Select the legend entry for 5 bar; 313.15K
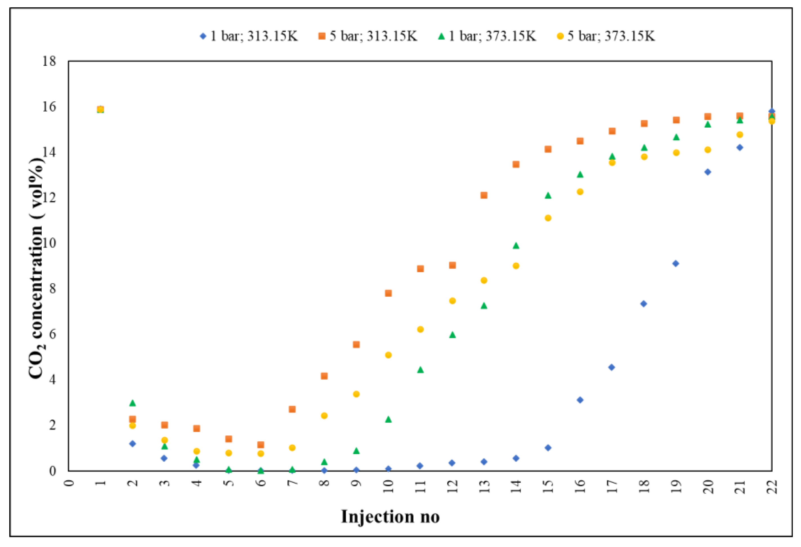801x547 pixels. tap(368, 36)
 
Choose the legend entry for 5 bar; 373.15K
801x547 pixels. tap(606, 36)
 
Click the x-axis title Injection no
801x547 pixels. tap(390, 517)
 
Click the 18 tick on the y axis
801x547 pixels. tap(49, 61)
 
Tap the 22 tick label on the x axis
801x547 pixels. tap(772, 487)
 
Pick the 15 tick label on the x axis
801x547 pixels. tap(548, 487)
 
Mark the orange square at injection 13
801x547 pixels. tap(484, 195)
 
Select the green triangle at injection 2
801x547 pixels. tap(133, 403)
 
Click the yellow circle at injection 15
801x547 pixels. tap(548, 218)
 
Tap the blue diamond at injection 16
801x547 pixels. tap(580, 400)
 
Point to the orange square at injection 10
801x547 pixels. tap(388, 293)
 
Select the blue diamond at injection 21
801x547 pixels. tap(740, 148)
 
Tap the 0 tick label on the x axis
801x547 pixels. tap(69, 482)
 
